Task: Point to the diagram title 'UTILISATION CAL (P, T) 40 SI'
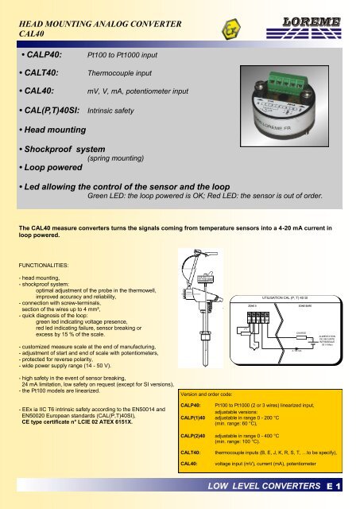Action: pos(281,297)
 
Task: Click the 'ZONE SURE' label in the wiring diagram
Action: pos(302,305)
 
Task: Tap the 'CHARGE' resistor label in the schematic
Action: pos(301,332)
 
